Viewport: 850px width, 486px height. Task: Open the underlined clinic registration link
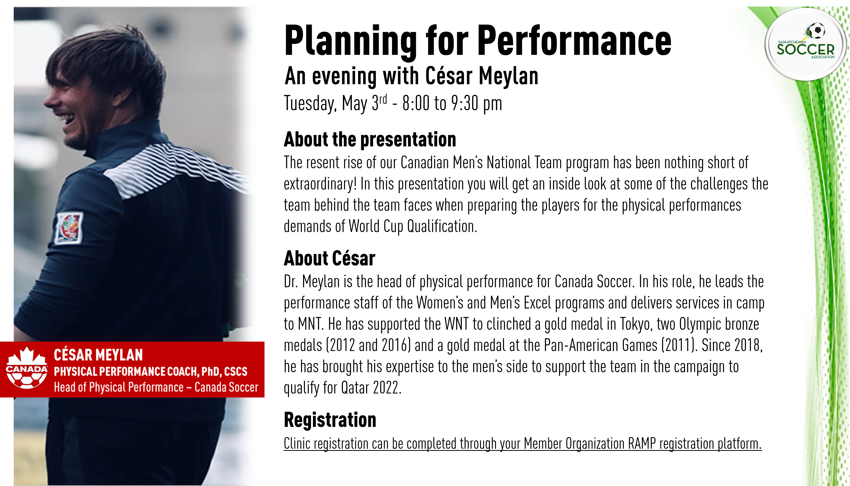[523, 444]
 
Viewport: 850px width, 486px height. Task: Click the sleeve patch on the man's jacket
[69, 228]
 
